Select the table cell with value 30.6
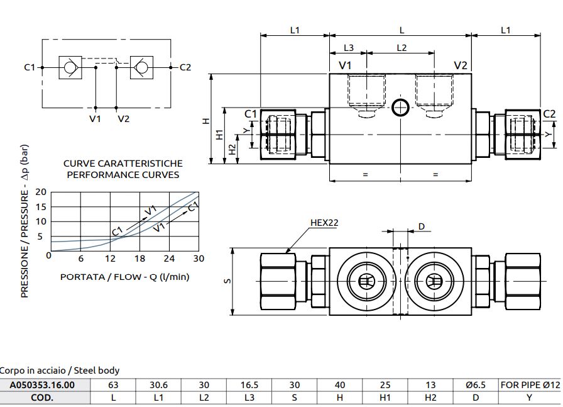click(x=159, y=385)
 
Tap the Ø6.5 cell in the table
click(x=476, y=385)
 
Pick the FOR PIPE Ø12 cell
click(x=530, y=385)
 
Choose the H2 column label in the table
click(x=430, y=398)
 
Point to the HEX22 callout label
click(x=324, y=223)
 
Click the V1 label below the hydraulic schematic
click(x=95, y=118)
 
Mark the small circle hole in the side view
click(x=400, y=108)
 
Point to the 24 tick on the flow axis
click(x=170, y=259)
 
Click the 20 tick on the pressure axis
click(x=41, y=192)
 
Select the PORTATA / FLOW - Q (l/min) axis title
click(x=124, y=276)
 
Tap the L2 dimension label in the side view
click(x=402, y=48)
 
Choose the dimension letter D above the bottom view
click(x=422, y=226)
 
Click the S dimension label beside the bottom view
click(x=226, y=281)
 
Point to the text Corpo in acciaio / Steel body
click(x=60, y=371)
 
